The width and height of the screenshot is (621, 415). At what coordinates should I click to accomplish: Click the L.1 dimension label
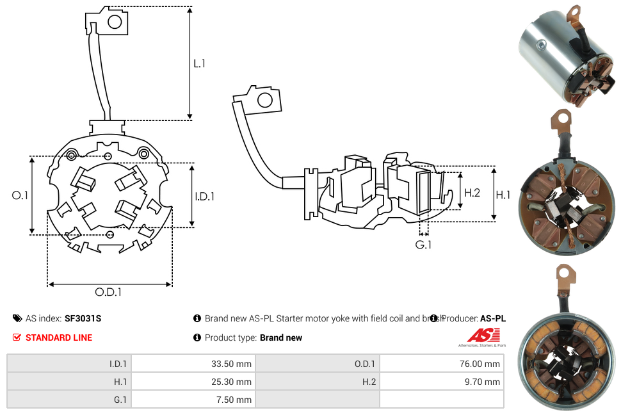[x=199, y=63]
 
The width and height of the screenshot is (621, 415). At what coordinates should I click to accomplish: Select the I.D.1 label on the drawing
[x=204, y=197]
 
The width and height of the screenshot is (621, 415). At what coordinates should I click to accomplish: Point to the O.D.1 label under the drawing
[x=108, y=292]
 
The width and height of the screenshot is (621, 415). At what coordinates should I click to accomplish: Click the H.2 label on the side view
[x=472, y=192]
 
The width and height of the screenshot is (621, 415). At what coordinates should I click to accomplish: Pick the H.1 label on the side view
[x=503, y=194]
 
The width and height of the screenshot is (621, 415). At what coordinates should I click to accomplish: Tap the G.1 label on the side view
[x=423, y=245]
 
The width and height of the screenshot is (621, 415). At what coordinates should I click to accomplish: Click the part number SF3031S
[x=83, y=318]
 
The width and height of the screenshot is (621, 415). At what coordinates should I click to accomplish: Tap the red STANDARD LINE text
[x=59, y=338]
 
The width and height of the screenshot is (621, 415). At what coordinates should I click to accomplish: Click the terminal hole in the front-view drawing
[x=115, y=22]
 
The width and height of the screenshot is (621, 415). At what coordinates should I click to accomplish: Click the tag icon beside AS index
[x=17, y=318]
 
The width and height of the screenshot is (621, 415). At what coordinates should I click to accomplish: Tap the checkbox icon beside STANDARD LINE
[x=17, y=338]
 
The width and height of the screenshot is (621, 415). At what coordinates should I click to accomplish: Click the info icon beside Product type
[x=197, y=338]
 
